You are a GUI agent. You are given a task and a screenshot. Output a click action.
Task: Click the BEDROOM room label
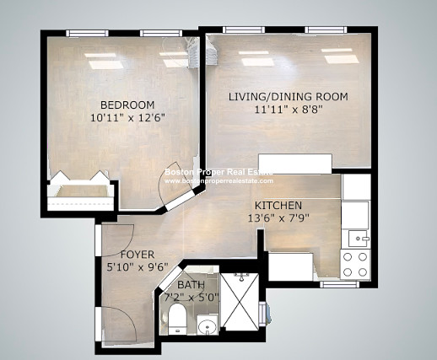pos(127,105)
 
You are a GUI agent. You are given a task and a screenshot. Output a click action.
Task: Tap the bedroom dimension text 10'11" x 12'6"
pos(127,117)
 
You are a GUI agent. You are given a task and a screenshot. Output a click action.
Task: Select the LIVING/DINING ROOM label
pos(288,97)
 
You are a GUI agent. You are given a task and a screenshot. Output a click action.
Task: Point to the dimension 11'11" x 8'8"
pos(288,109)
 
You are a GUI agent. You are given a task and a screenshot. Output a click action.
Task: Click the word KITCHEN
pos(278,206)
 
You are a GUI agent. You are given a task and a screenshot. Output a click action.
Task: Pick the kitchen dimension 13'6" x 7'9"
pos(278,218)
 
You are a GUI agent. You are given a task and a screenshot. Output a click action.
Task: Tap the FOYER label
pos(138,255)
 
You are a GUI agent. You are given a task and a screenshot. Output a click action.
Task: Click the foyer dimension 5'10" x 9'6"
pos(138,266)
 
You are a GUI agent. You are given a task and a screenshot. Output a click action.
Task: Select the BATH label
pos(191,285)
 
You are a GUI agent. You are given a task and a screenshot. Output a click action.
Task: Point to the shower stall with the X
pos(239,301)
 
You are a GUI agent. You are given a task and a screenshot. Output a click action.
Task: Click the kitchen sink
pos(358,239)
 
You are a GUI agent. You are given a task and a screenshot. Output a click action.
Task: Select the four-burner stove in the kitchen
pos(355,265)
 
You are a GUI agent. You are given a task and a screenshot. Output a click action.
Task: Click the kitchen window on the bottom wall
pos(340,284)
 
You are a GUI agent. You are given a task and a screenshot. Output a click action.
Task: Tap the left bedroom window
pos(87,34)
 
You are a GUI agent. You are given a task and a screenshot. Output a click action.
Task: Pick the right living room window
pos(326,30)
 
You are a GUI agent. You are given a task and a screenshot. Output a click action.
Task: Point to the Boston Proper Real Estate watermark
pos(218,176)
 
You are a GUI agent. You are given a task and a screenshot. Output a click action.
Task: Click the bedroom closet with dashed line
pos(81,196)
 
